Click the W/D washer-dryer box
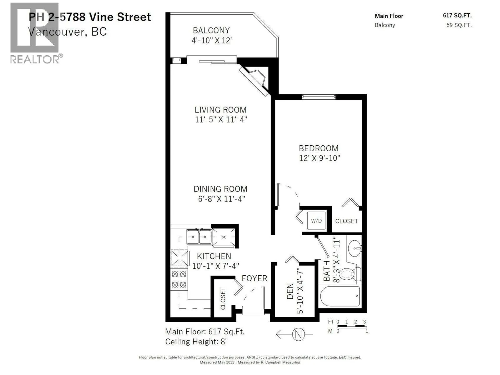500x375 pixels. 316,220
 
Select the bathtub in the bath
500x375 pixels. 340,296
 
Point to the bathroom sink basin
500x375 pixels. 354,248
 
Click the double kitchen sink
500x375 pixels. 199,237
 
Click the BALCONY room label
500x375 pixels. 211,30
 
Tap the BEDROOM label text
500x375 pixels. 318,148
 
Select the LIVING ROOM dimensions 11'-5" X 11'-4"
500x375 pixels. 221,120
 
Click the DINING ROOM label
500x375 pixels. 220,189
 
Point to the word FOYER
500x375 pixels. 254,278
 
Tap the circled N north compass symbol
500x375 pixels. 298,334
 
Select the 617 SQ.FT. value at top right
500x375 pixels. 457,16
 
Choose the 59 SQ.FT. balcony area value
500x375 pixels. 459,25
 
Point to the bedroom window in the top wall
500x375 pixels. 318,97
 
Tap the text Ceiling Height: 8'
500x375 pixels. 196,342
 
